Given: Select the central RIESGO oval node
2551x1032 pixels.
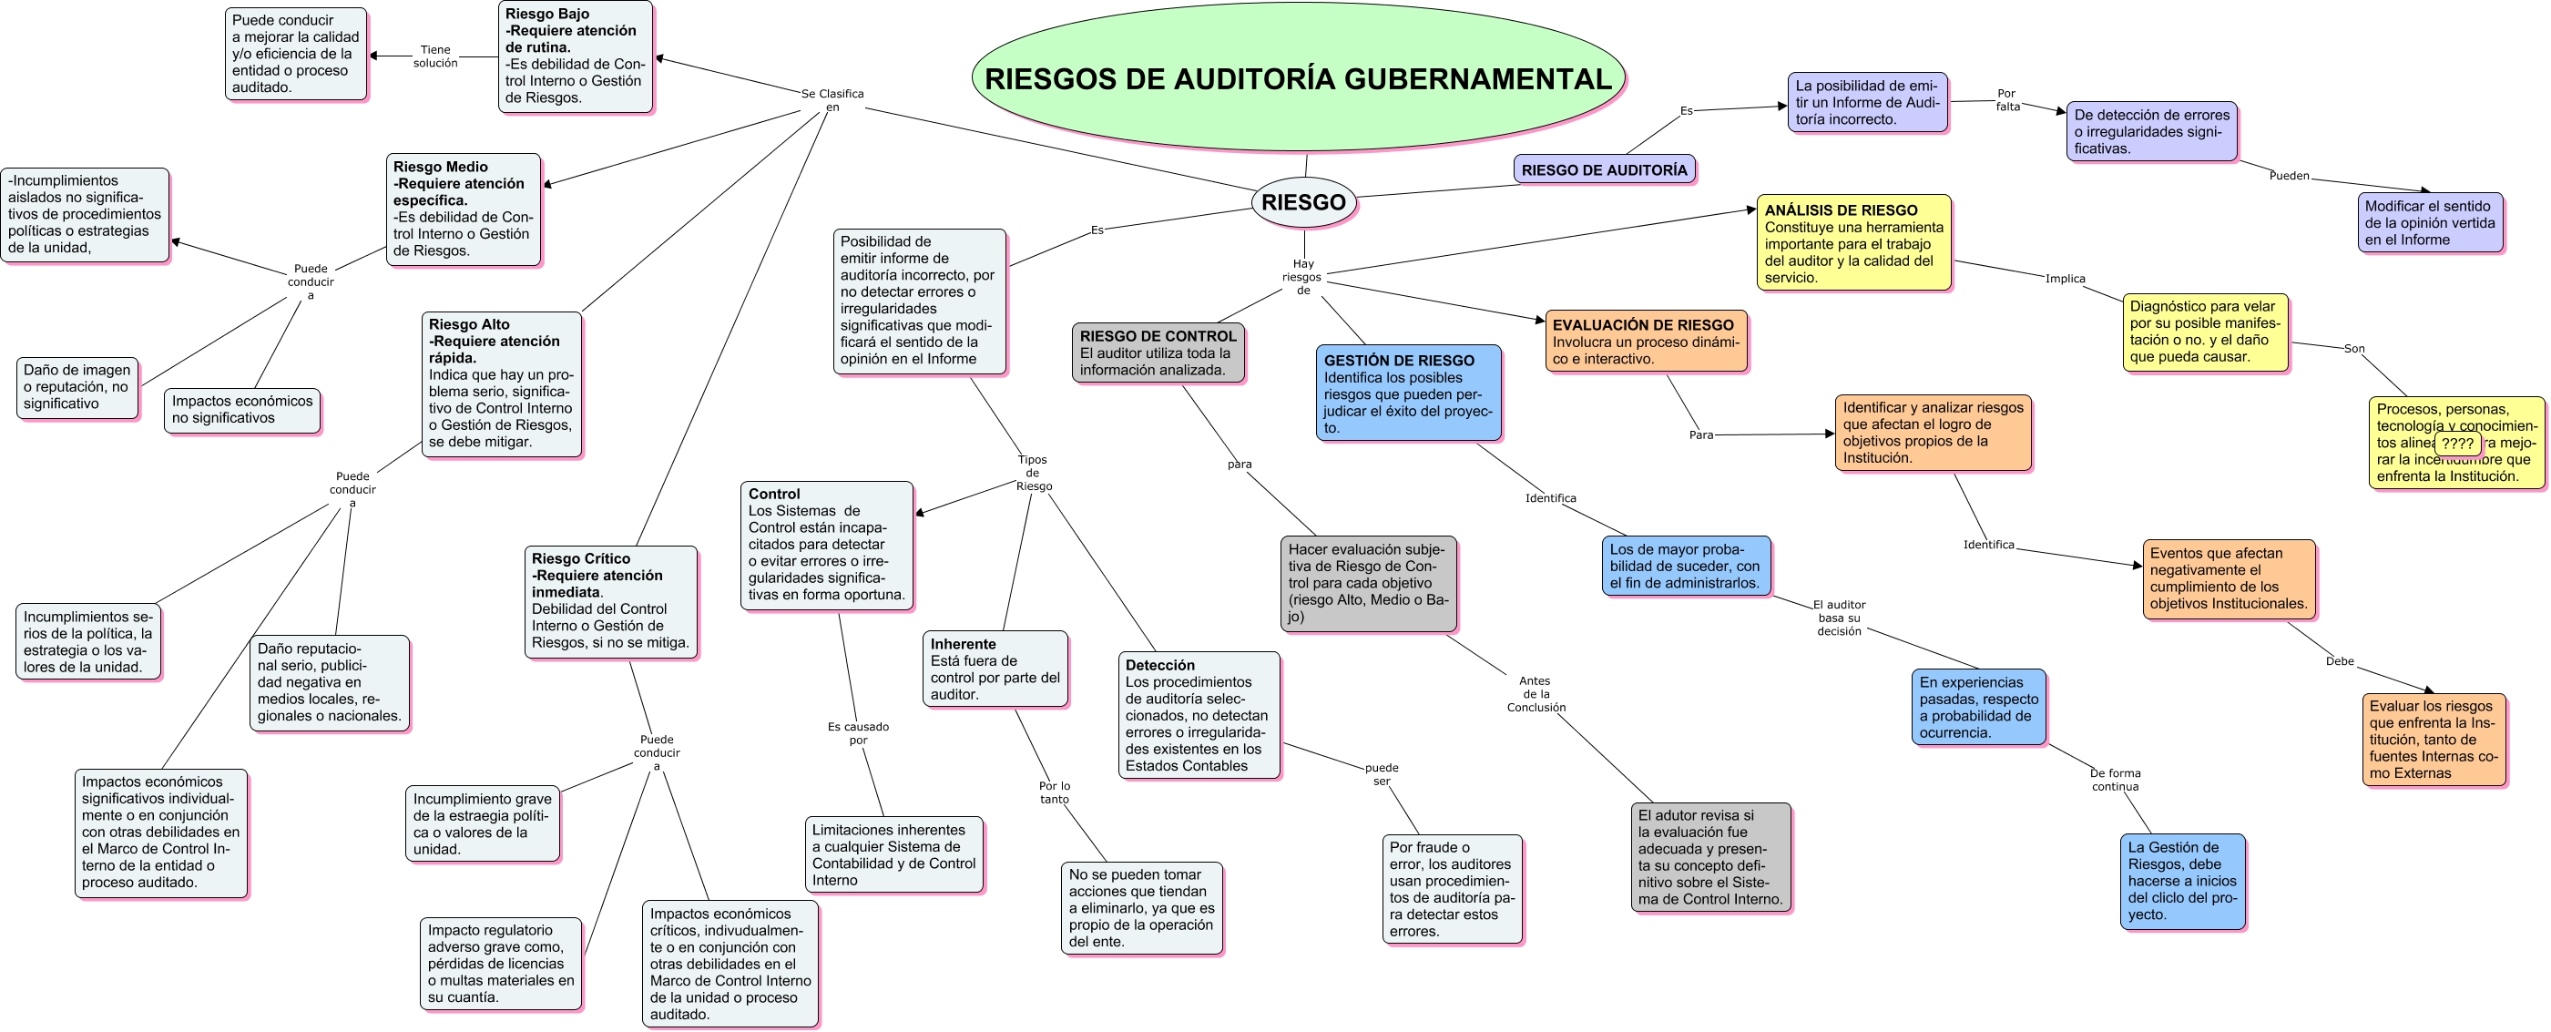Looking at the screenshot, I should pyautogui.click(x=1303, y=202).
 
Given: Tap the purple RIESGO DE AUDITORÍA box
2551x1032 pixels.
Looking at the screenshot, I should pyautogui.click(x=1603, y=169).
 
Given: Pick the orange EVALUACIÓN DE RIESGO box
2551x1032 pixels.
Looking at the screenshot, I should pyautogui.click(x=1645, y=341).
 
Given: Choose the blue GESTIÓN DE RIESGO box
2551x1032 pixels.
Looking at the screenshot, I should pyautogui.click(x=1407, y=393).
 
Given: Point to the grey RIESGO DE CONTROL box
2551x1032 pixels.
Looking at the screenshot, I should pyautogui.click(x=1157, y=353).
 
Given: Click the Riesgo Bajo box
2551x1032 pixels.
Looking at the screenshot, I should pyautogui.click(x=575, y=56).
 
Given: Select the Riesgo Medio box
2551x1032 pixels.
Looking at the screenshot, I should pyautogui.click(x=463, y=209).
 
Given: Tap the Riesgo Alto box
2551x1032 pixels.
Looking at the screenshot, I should pyautogui.click(x=501, y=383).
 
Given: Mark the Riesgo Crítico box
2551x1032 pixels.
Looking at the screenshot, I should pyautogui.click(x=610, y=601).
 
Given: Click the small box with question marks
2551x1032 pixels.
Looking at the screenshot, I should pyautogui.click(x=2457, y=444).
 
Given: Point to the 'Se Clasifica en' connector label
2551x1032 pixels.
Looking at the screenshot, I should pyautogui.click(x=832, y=100).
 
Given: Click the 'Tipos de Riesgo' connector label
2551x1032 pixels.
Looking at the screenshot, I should pyautogui.click(x=1033, y=473).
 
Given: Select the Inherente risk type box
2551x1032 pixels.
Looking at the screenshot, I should pyautogui.click(x=995, y=669).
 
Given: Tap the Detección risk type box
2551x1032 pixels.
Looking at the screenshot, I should pyautogui.click(x=1199, y=714).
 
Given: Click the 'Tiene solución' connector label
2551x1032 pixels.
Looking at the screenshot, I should pyautogui.click(x=434, y=56).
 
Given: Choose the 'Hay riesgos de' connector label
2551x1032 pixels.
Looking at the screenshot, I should pyautogui.click(x=1302, y=277).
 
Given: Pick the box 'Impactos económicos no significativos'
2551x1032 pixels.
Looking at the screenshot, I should pyautogui.click(x=241, y=410).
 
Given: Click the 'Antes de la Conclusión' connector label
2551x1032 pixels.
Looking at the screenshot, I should pyautogui.click(x=1535, y=693).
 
